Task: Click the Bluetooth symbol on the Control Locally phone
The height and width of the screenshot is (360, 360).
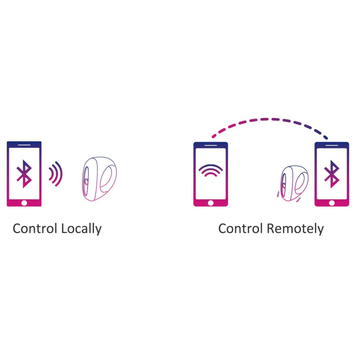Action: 24,174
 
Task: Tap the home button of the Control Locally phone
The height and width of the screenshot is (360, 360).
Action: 24,203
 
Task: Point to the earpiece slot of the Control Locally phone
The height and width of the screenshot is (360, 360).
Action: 24,145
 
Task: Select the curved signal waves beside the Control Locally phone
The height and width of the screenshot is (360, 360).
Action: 56,174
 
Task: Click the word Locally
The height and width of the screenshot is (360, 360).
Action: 81,229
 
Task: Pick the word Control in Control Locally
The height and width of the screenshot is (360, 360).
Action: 35,229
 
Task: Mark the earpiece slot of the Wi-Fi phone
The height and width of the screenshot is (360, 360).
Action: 211,145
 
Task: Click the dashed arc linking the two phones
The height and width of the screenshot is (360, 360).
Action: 270,120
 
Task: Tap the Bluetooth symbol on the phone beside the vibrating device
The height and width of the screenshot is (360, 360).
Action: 331,174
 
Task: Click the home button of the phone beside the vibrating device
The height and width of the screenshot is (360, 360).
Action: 331,203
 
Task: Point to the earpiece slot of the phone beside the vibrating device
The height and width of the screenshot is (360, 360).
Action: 331,145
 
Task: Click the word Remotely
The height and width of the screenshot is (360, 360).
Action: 295,229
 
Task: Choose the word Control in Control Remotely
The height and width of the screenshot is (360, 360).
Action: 240,229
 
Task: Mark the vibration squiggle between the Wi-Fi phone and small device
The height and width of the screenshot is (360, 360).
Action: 278,194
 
